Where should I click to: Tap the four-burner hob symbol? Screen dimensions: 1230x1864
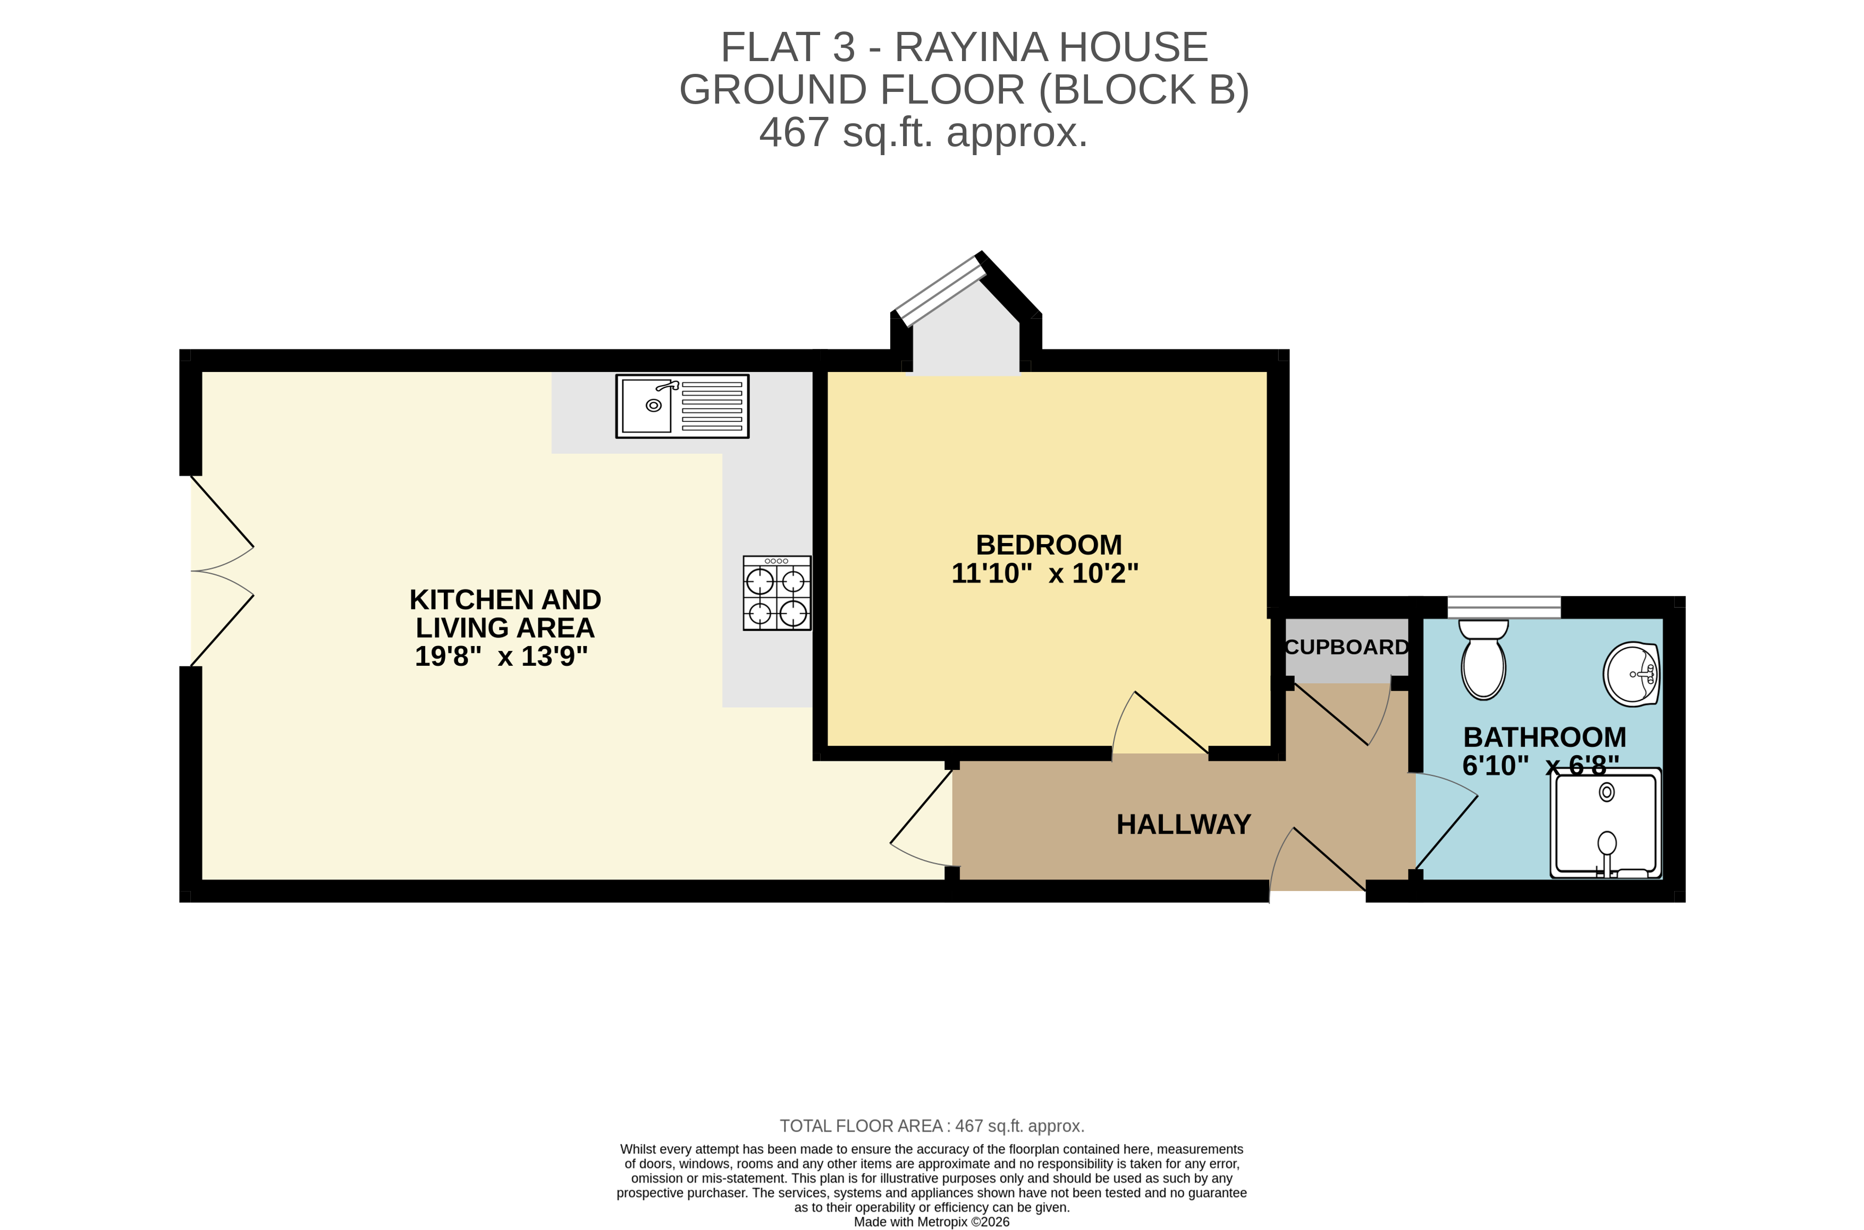point(777,593)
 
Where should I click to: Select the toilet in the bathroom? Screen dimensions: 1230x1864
point(1483,659)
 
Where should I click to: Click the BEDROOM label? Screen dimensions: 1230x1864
point(1048,545)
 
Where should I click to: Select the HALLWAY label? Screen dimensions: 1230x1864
point(1183,825)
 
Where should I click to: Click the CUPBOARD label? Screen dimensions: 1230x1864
point(1346,647)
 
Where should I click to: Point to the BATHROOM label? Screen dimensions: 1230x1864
point(1544,737)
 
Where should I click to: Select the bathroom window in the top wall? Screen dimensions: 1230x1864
point(1503,606)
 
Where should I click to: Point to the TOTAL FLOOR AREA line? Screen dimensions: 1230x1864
point(931,1126)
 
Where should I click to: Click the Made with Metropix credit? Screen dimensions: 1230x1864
point(931,1221)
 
